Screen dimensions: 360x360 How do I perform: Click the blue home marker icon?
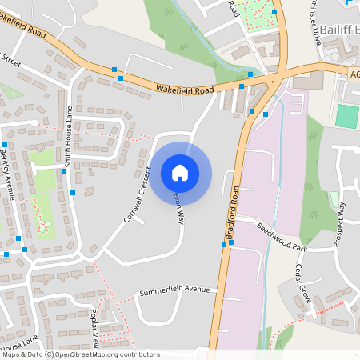[x=180, y=172]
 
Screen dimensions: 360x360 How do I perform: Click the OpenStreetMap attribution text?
[x=80, y=354]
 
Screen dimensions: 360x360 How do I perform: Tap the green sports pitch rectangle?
[x=347, y=116]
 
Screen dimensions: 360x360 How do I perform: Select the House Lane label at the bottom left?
[x=19, y=346]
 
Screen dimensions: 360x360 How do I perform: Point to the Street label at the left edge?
[x=10, y=58]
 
